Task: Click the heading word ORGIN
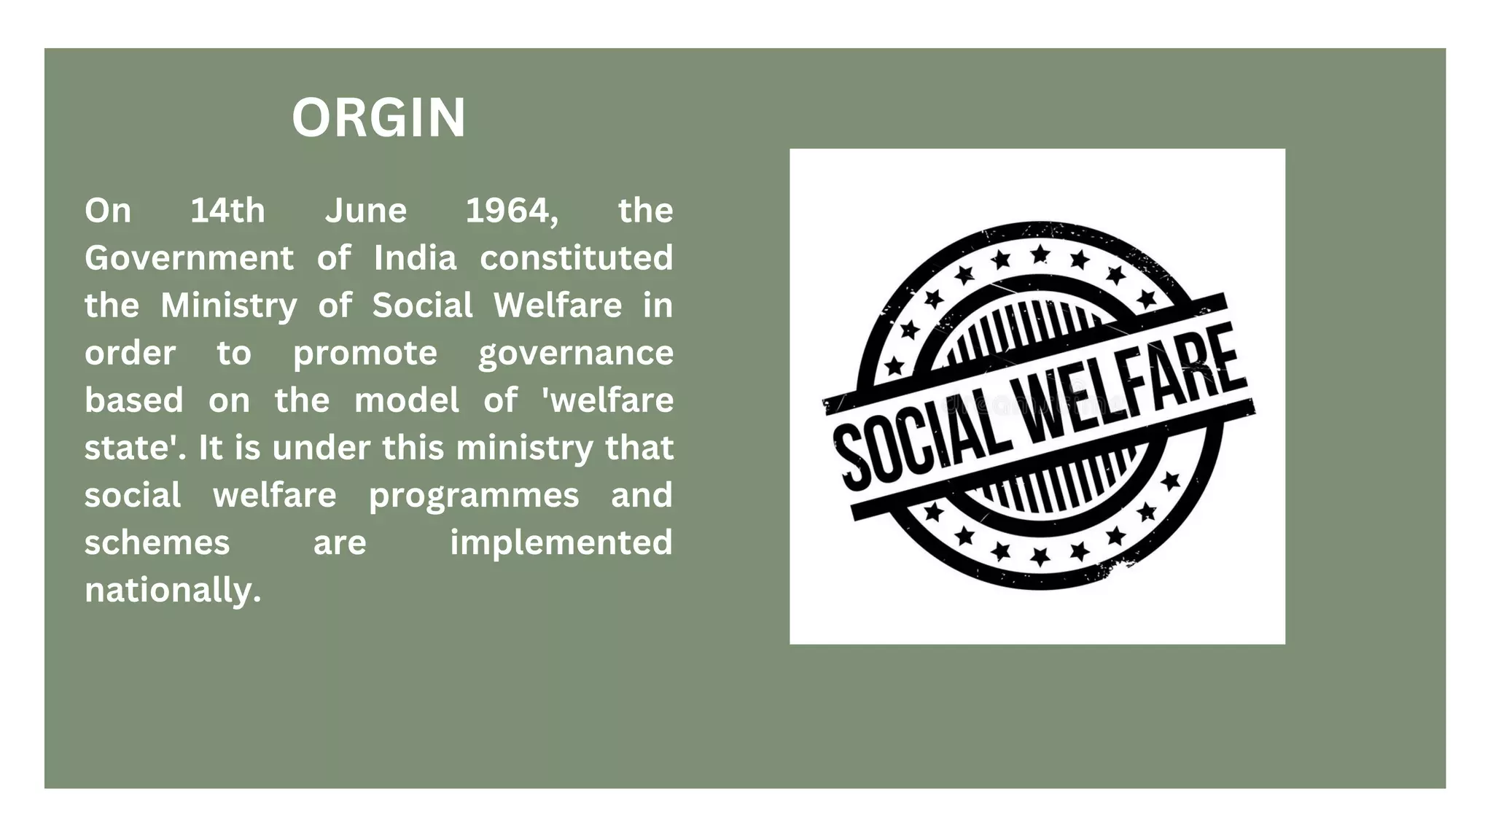(x=378, y=118)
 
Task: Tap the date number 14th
(x=227, y=211)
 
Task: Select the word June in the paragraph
(x=366, y=211)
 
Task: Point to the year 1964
(x=512, y=211)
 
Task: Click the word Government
(x=189, y=258)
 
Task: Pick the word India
(x=415, y=258)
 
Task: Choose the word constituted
(x=576, y=258)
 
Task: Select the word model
(x=406, y=400)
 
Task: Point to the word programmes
(x=474, y=496)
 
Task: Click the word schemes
(x=157, y=542)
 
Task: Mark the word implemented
(x=561, y=542)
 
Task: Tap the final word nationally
(x=173, y=590)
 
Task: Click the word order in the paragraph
(x=130, y=354)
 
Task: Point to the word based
(x=133, y=400)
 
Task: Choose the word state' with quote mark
(x=135, y=448)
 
